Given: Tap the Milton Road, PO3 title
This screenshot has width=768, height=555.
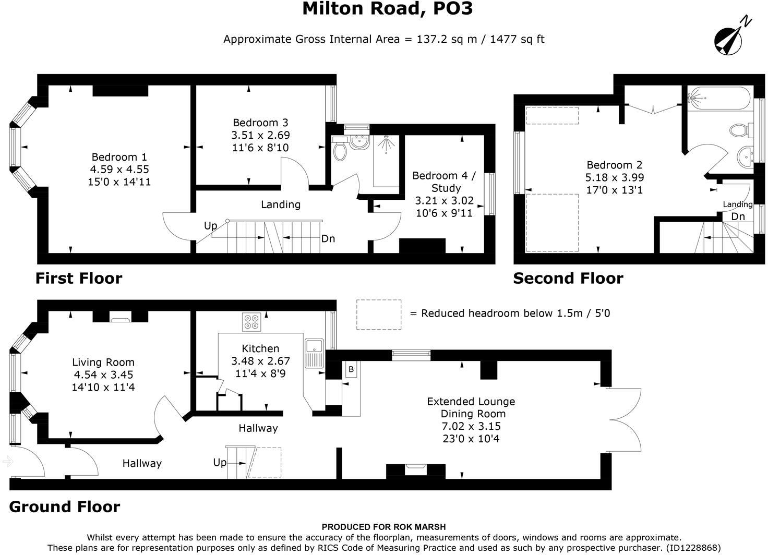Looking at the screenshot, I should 387,9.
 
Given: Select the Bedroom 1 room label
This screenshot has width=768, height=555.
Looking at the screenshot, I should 119,157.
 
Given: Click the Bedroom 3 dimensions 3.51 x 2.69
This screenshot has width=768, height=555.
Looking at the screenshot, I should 260,135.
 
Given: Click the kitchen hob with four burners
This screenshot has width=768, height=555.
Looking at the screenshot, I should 251,322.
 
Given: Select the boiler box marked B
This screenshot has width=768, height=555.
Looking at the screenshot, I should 351,369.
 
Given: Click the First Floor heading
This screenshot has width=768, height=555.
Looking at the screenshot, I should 79,279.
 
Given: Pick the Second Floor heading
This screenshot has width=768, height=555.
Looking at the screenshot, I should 568,279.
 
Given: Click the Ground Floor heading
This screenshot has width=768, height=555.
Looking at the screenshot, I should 65,507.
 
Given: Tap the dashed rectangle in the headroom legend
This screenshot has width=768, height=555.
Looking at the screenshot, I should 379,315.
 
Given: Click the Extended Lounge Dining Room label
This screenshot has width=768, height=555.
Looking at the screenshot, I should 471,407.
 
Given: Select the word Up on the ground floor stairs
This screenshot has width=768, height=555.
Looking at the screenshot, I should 220,463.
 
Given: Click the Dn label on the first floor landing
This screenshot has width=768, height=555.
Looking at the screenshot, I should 328,239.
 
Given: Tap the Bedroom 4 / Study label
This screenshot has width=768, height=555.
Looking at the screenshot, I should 445,182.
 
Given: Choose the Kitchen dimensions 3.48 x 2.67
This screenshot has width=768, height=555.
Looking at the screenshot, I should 260,361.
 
